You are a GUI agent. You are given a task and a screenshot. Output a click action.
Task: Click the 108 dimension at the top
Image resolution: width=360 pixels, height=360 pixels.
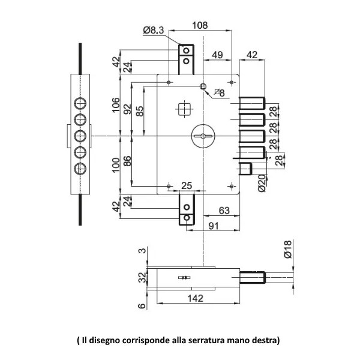[x=200, y=25]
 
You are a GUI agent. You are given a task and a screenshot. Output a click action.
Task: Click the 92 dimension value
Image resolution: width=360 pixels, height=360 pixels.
[x=127, y=109]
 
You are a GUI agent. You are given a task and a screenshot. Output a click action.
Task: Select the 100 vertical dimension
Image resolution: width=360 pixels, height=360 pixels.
[x=116, y=164]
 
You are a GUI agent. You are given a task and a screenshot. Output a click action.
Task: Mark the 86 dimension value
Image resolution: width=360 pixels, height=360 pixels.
[x=127, y=161]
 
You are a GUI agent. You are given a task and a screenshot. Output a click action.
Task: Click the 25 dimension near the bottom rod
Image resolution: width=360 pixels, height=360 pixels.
[x=187, y=185]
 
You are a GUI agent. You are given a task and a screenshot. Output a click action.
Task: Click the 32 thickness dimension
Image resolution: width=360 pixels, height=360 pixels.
[x=142, y=278]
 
